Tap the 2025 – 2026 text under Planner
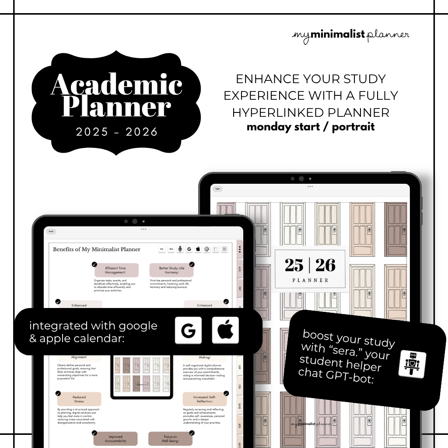click(117, 132)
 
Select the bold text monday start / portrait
click(311, 127)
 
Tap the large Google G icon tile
click(188, 330)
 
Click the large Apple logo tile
click(225, 330)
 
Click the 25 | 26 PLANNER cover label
click(310, 270)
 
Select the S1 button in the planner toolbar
click(161, 249)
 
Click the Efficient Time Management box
click(115, 270)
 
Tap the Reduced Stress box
click(79, 399)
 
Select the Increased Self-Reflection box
click(205, 399)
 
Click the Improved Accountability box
click(115, 439)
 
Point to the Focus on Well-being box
click(170, 439)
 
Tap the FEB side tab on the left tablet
click(240, 387)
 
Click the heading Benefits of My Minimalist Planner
click(97, 249)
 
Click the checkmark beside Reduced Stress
click(58, 393)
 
